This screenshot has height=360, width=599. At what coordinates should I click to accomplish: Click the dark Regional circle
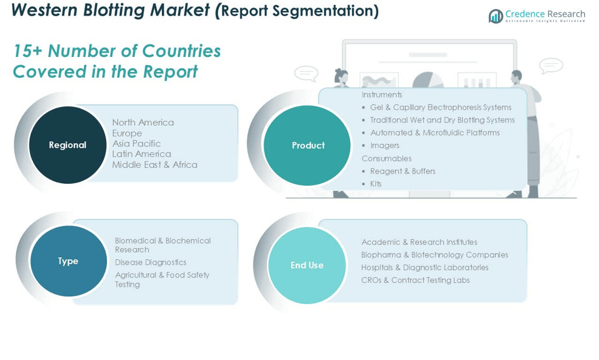click(68, 145)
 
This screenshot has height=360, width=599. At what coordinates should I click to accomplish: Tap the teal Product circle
click(307, 145)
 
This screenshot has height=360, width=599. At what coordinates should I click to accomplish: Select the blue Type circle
click(68, 261)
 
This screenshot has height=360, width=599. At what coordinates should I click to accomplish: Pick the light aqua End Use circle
click(307, 265)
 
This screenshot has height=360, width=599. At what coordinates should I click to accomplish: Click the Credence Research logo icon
click(496, 16)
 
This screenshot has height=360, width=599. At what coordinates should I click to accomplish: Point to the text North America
click(143, 122)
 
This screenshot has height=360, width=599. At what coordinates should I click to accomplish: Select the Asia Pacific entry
click(136, 143)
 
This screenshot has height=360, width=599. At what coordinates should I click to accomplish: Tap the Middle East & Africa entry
click(155, 165)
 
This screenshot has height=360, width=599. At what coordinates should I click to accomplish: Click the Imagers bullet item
click(384, 145)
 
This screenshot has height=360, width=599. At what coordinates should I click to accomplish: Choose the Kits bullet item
click(376, 184)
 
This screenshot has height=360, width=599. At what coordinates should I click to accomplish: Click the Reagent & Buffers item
click(403, 171)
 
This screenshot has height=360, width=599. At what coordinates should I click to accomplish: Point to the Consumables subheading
click(387, 158)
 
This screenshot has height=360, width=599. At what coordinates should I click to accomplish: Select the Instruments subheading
click(382, 94)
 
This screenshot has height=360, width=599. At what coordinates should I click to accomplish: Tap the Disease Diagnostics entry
click(151, 262)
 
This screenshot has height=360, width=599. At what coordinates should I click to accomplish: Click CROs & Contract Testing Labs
click(415, 280)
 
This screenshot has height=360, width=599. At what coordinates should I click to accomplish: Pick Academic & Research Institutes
click(419, 242)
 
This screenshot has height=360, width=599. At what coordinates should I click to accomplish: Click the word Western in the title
click(45, 10)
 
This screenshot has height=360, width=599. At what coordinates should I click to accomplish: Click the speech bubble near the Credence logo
click(551, 66)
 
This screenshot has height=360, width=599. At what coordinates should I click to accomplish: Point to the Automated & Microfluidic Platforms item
click(434, 133)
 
